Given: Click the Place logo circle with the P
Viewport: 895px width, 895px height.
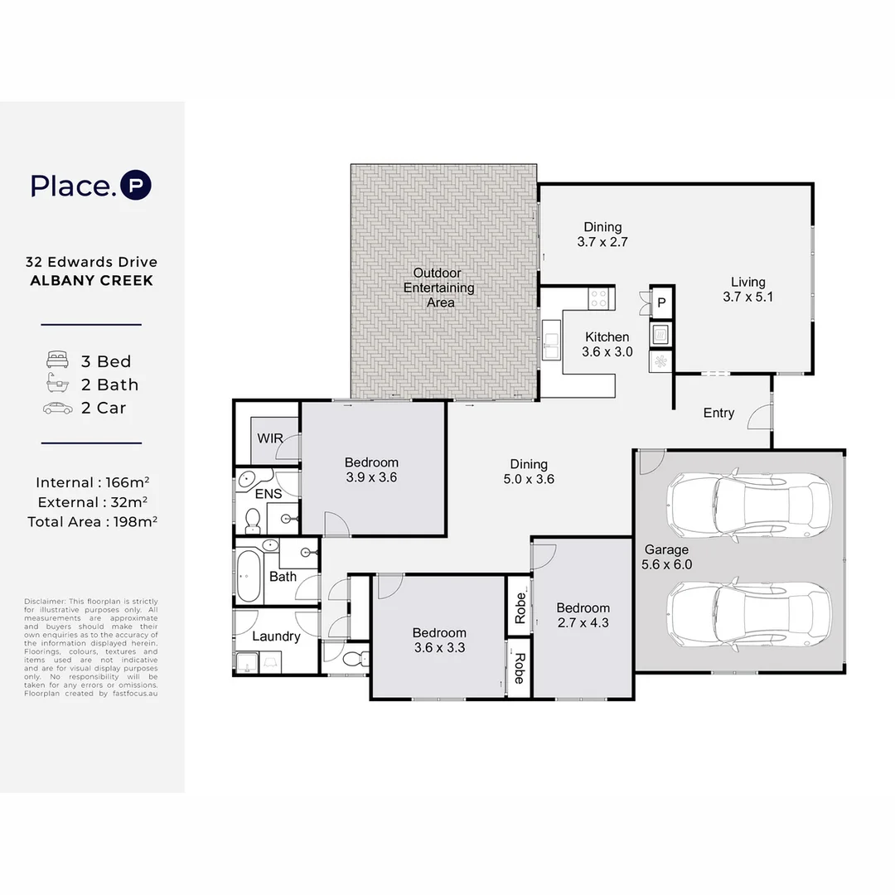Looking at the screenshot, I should pyautogui.click(x=136, y=186).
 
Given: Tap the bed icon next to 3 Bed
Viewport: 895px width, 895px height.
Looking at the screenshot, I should pyautogui.click(x=57, y=360).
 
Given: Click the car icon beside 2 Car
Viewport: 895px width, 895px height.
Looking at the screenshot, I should pyautogui.click(x=57, y=408).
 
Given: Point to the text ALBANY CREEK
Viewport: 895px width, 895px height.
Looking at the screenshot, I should pyautogui.click(x=91, y=281).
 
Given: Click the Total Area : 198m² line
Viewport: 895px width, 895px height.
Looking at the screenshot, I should pyautogui.click(x=92, y=521).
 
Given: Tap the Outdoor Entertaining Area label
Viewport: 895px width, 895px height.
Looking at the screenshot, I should pyautogui.click(x=439, y=288).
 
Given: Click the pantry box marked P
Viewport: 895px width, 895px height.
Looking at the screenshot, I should pyautogui.click(x=661, y=303).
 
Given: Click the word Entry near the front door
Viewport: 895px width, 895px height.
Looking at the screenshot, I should pyautogui.click(x=718, y=413).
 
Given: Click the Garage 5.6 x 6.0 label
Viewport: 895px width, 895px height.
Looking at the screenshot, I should pyautogui.click(x=666, y=557).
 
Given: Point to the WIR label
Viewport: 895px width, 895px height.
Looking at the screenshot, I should pyautogui.click(x=270, y=438).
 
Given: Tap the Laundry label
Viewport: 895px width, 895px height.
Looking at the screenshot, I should pyautogui.click(x=275, y=636).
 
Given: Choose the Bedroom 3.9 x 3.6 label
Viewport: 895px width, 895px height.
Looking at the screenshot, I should pyautogui.click(x=371, y=470).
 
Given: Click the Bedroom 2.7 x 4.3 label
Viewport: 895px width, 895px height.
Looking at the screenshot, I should pyautogui.click(x=583, y=615).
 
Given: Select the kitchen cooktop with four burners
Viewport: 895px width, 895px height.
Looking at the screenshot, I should pyautogui.click(x=600, y=296).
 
